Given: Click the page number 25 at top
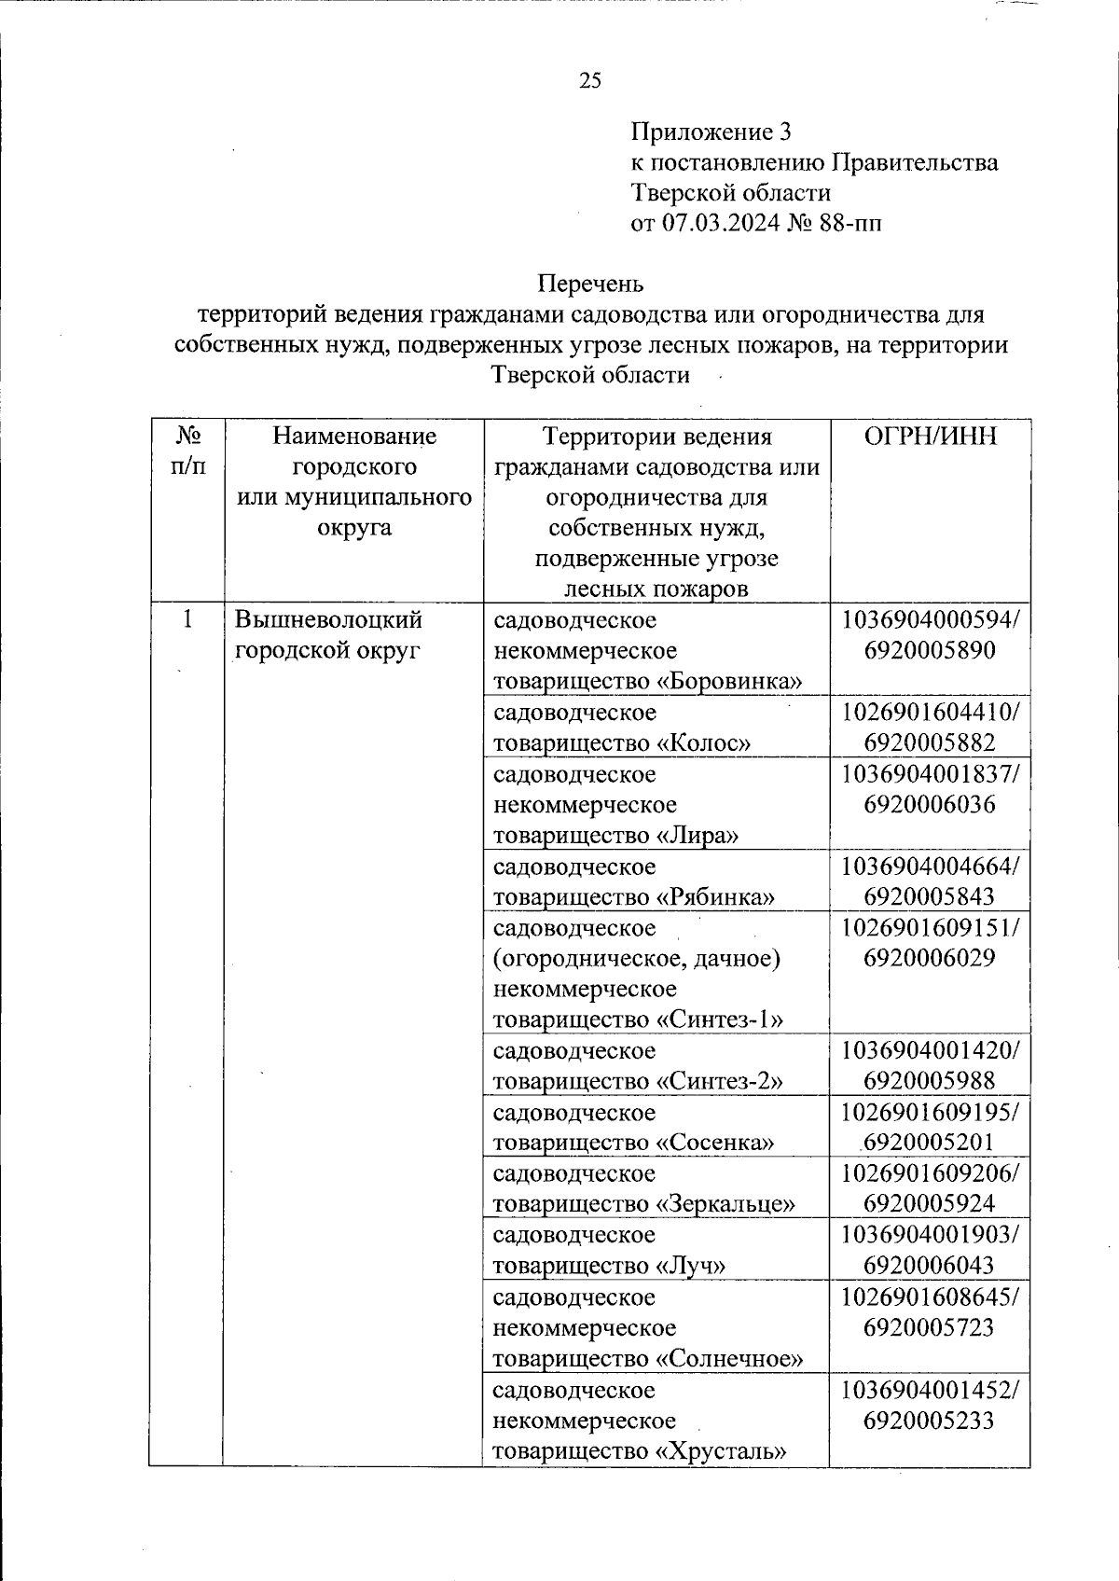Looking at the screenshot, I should pyautogui.click(x=590, y=81).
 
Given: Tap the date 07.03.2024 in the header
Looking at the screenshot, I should pyautogui.click(x=720, y=223).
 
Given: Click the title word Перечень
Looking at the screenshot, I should pyautogui.click(x=590, y=283).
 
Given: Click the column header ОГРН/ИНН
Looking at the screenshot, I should pyautogui.click(x=930, y=437).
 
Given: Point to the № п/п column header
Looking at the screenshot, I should pyautogui.click(x=188, y=451).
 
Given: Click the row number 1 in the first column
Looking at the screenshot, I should pyautogui.click(x=188, y=619).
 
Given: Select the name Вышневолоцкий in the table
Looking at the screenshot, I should pyautogui.click(x=328, y=619).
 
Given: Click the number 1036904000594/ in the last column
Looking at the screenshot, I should pyautogui.click(x=930, y=619).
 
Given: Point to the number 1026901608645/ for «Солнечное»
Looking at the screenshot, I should pyautogui.click(x=930, y=1297).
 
